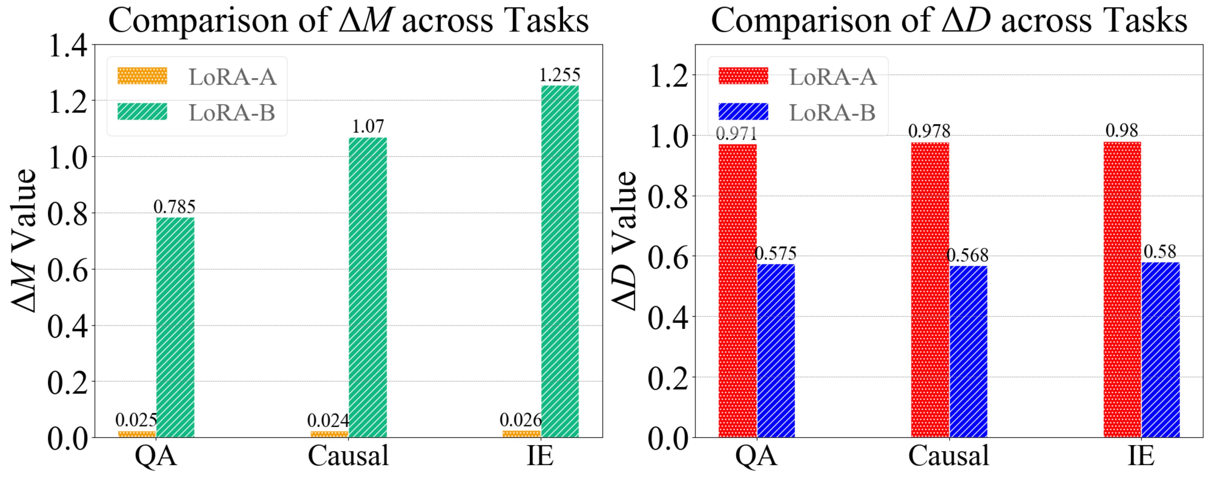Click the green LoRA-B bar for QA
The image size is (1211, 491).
[175, 327]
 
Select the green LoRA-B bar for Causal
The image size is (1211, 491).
[368, 287]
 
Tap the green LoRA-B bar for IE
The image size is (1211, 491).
[560, 261]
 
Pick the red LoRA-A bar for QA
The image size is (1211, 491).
[738, 291]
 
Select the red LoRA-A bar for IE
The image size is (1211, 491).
[1122, 289]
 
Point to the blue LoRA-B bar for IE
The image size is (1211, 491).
[1161, 350]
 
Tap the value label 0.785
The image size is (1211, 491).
[175, 207]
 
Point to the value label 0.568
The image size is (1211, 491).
[967, 255]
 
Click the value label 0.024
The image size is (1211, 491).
[328, 420]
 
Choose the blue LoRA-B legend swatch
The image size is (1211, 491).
[743, 112]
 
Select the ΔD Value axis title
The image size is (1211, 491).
[624, 240]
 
